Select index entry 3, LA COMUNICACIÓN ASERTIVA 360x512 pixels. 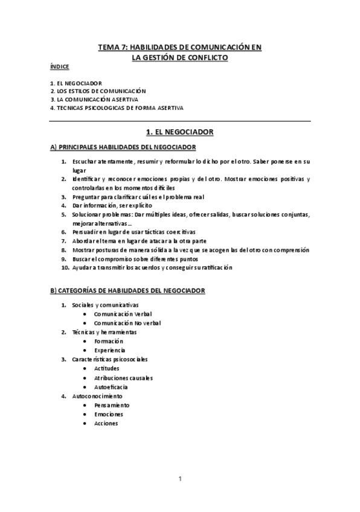pos(94,99)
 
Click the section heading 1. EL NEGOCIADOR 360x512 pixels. pos(179,131)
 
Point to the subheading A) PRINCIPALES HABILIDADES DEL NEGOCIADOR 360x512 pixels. pos(123,147)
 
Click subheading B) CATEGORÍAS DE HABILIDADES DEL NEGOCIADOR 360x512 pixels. pos(127,290)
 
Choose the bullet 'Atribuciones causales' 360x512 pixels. pos(123,377)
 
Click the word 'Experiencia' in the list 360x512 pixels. pos(109,350)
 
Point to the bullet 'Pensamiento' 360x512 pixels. pos(112,405)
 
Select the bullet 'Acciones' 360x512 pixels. pos(106,423)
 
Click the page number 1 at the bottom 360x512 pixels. pos(180,479)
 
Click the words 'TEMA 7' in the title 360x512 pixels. pos(112,47)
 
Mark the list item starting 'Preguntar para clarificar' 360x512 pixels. pos(138,197)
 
